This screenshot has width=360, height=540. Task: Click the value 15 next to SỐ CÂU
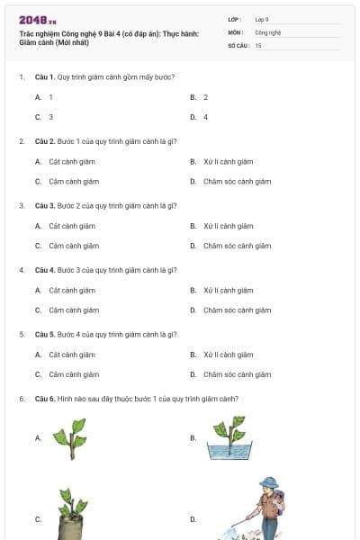[258, 44]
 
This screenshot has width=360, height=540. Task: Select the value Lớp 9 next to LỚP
[261, 19]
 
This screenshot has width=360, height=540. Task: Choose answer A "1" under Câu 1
[50, 97]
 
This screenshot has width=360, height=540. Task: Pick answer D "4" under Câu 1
[205, 117]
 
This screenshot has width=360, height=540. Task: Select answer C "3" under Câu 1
[50, 117]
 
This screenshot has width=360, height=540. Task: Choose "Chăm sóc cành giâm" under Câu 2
[237, 182]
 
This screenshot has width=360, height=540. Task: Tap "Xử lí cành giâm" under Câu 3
[228, 226]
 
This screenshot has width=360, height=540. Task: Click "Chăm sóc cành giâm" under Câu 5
[237, 374]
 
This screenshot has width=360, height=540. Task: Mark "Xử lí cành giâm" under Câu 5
[228, 355]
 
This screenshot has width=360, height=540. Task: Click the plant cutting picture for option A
[68, 437]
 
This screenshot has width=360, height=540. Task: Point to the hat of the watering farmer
[267, 482]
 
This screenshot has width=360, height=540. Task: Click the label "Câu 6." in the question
[45, 399]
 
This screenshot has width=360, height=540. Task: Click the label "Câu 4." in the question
[45, 270]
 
